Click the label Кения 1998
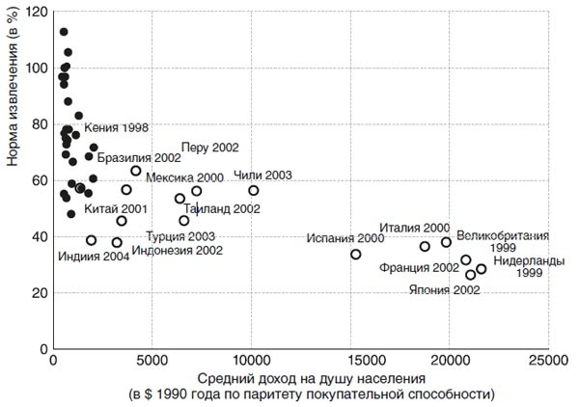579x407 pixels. (116, 127)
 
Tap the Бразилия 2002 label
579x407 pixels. (139, 157)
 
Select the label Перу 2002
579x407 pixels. (209, 147)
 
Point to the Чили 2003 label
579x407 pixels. (262, 176)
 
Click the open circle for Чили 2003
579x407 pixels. (254, 191)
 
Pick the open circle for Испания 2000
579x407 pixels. (356, 255)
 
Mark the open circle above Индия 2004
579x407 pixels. (92, 241)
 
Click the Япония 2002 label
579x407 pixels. (445, 289)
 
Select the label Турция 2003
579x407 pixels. (180, 236)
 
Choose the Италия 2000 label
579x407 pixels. (415, 228)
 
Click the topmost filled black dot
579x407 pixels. (64, 32)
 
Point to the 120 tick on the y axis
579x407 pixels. (39, 12)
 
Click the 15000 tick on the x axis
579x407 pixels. (350, 360)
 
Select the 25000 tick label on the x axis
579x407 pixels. (547, 360)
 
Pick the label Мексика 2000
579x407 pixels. (184, 178)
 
